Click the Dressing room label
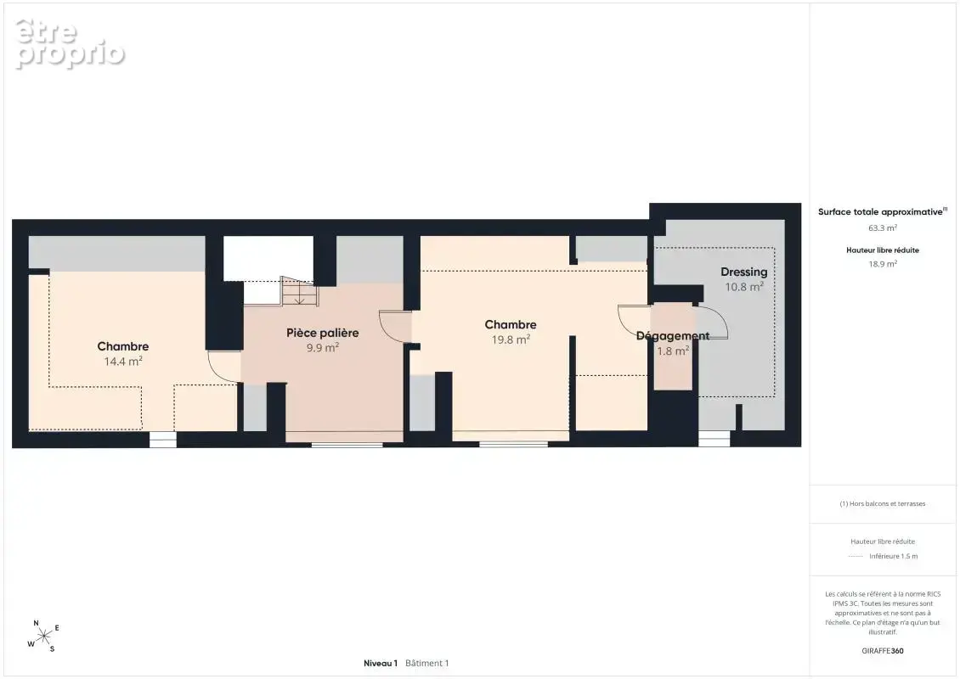743,272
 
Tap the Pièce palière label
323,333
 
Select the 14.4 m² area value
123,362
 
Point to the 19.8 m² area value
511,339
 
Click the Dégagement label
672,336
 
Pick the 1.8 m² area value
673,351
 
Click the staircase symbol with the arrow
300,291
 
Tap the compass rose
43,637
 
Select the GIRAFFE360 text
882,651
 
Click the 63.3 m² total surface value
882,227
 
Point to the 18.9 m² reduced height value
882,264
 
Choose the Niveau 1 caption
381,663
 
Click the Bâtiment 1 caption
426,663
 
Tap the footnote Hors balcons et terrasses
882,503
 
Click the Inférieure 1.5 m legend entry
893,556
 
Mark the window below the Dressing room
714,439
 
